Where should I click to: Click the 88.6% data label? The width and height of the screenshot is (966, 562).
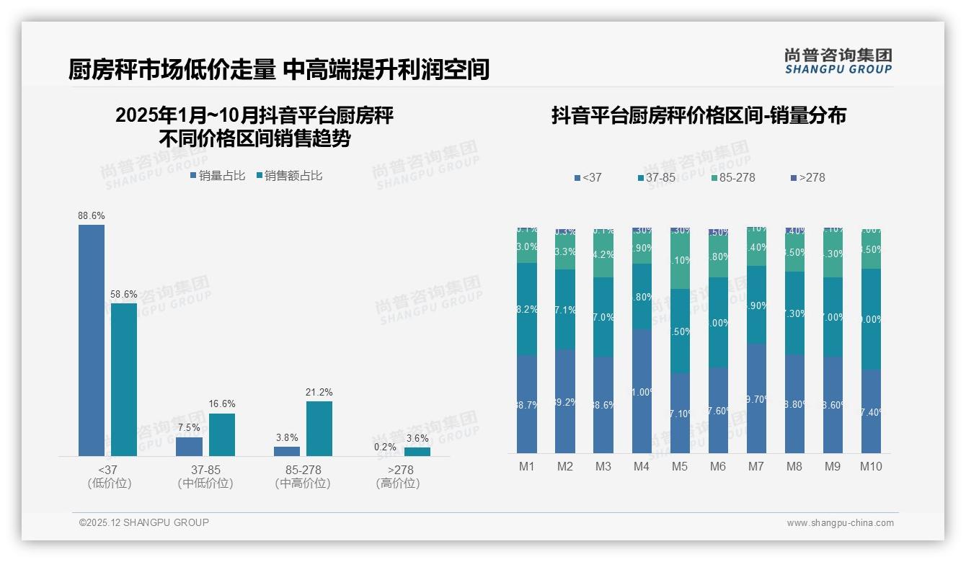click(x=92, y=215)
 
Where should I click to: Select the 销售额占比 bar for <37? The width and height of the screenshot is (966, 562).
click(x=124, y=379)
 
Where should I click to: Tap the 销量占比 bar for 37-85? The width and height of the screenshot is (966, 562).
click(x=189, y=447)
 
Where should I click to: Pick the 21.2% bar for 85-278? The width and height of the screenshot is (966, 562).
click(x=319, y=428)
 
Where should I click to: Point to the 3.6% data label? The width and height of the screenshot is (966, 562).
click(x=417, y=438)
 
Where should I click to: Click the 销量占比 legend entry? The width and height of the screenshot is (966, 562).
click(x=218, y=176)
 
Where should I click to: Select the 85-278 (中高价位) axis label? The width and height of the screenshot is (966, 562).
click(x=303, y=476)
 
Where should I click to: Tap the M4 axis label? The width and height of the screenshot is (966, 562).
click(x=642, y=466)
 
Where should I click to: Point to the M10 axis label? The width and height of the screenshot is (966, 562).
click(x=871, y=466)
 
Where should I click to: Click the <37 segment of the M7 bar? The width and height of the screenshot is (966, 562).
click(x=756, y=398)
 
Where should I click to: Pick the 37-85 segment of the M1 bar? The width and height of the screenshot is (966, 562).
click(x=527, y=308)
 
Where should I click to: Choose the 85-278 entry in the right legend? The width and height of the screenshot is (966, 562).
click(x=732, y=177)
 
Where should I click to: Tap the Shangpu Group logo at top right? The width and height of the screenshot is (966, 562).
click(x=838, y=61)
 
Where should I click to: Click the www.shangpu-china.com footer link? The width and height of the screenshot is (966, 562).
click(x=840, y=523)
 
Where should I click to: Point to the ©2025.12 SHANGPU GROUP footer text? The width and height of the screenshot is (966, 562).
click(x=144, y=522)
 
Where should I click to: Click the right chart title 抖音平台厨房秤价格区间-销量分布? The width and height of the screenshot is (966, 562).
click(x=699, y=115)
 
